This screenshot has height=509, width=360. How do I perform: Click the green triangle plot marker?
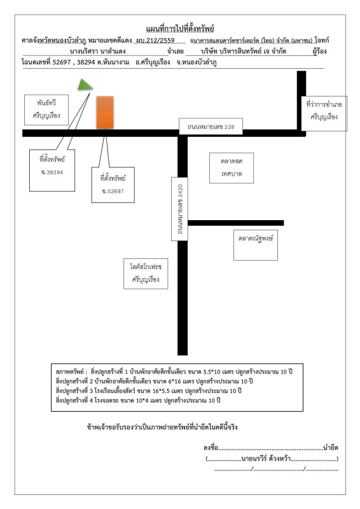pos(85,85)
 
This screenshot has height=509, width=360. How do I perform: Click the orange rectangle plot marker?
pos(105,113)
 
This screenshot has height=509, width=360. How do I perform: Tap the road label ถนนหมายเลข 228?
pos(211,126)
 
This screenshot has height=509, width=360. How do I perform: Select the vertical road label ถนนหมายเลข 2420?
pos(179,209)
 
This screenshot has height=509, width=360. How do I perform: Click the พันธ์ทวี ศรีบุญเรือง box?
pos(46,109)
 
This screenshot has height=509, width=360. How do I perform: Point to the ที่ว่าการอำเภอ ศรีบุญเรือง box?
pos(324,114)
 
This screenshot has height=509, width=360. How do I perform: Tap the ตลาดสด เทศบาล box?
pos(232,168)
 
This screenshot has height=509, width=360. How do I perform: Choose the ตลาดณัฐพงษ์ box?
pos(256,245)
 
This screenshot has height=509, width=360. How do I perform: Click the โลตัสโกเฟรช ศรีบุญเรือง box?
pos(146,274)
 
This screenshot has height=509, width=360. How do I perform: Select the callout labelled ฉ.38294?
pos(52,171)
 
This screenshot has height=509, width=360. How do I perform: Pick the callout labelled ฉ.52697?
pos(113,185)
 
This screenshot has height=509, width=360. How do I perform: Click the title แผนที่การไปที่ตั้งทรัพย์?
pos(180,29)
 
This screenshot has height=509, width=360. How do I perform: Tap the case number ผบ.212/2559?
pos(155,41)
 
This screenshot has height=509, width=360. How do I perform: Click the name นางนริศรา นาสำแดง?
pos(98,52)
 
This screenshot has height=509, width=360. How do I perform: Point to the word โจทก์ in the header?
pos(322,40)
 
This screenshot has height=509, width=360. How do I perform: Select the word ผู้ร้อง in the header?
pos(320,52)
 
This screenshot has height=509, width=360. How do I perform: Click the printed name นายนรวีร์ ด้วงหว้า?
pos(267,458)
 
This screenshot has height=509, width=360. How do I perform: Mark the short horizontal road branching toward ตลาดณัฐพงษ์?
pos(236,223)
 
